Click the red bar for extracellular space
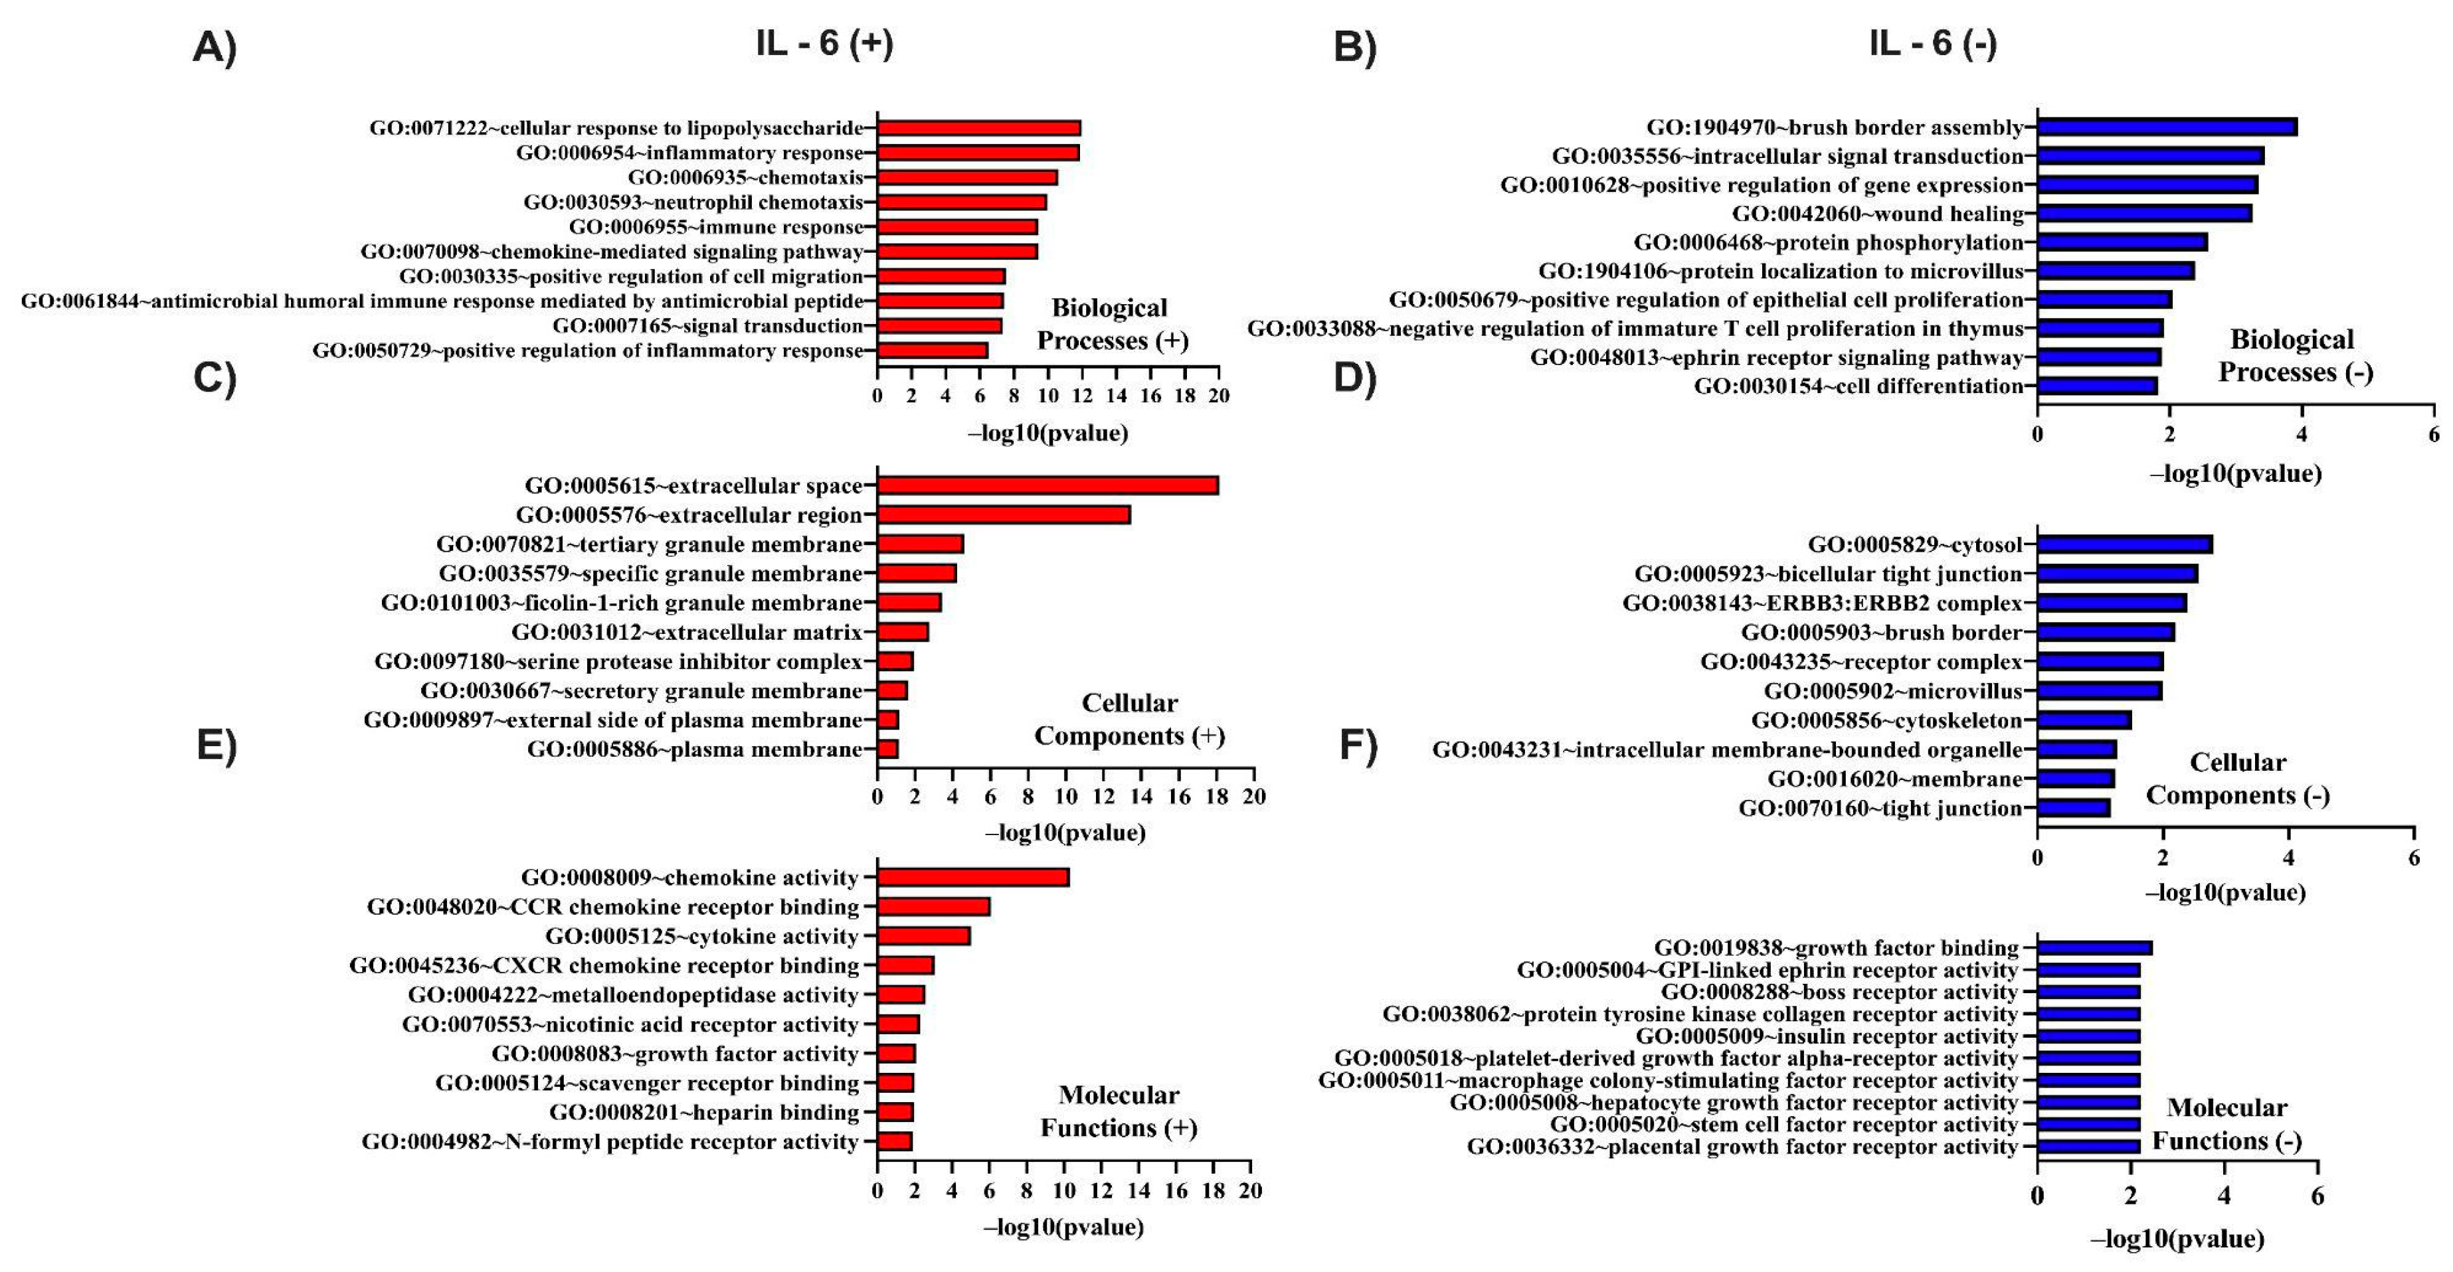click(x=1047, y=485)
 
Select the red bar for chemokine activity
click(x=973, y=877)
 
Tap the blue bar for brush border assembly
click(x=2167, y=127)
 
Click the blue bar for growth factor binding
click(x=2095, y=947)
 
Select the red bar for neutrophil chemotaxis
click(x=962, y=202)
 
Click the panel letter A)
click(x=215, y=46)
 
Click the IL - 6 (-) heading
click(x=1932, y=44)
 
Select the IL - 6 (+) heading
click(x=825, y=44)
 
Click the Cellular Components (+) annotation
click(x=1129, y=720)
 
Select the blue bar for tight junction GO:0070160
click(x=2074, y=809)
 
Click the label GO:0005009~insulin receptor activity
click(x=1827, y=1036)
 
